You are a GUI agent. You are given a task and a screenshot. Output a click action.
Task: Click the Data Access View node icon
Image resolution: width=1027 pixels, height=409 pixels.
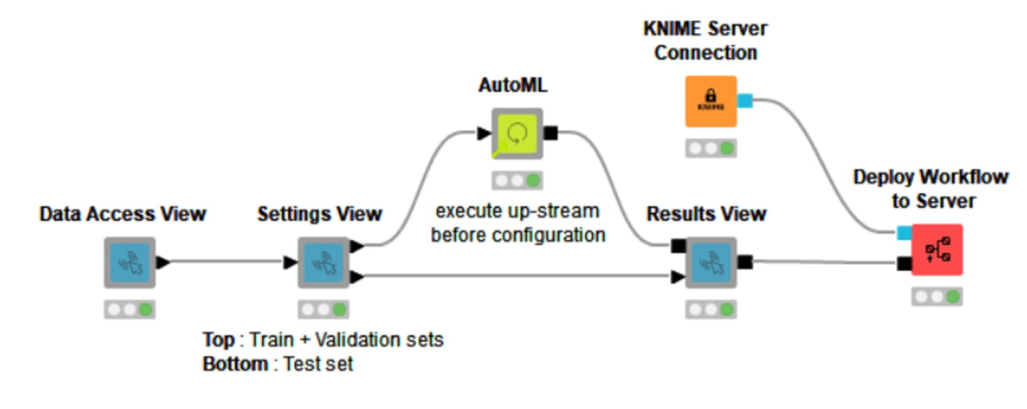(130, 263)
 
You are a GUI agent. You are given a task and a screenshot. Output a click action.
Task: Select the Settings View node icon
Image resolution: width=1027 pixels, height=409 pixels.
(324, 263)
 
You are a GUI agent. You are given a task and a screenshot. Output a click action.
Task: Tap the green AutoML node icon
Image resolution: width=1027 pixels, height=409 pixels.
(517, 134)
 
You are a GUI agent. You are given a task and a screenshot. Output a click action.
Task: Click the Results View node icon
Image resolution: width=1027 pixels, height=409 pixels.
(711, 263)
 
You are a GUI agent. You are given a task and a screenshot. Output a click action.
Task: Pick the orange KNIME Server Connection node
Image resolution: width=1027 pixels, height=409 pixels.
(711, 102)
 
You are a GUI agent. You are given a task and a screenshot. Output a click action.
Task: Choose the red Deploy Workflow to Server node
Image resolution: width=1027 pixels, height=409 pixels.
(937, 250)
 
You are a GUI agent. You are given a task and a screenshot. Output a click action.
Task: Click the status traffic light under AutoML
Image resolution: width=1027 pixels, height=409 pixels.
(517, 180)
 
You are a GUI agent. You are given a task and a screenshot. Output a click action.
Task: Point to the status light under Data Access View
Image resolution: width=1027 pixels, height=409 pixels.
(130, 309)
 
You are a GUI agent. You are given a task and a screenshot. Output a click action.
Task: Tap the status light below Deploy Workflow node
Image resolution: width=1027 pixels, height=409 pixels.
(937, 297)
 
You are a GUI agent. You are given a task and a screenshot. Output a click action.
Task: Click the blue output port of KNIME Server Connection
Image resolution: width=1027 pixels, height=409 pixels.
(745, 101)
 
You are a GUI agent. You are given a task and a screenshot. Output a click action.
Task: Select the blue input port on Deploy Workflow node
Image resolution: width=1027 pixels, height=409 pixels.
(903, 233)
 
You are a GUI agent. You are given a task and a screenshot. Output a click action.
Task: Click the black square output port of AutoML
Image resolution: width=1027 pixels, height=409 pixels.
(550, 134)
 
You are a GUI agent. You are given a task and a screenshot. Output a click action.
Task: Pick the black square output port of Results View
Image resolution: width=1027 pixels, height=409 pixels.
(744, 262)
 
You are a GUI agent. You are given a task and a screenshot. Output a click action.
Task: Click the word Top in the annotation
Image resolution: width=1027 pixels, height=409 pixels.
(219, 339)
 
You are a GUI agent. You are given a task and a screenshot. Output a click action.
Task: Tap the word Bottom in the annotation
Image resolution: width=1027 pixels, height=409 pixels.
(235, 364)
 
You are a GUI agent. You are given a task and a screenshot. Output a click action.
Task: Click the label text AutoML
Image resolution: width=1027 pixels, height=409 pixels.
(513, 86)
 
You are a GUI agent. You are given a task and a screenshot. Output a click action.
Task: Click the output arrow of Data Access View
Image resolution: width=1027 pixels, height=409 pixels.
(162, 262)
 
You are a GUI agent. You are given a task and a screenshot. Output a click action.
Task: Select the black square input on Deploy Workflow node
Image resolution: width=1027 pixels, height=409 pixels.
(904, 263)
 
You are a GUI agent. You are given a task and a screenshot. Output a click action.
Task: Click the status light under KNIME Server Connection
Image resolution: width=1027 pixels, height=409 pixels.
(711, 148)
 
